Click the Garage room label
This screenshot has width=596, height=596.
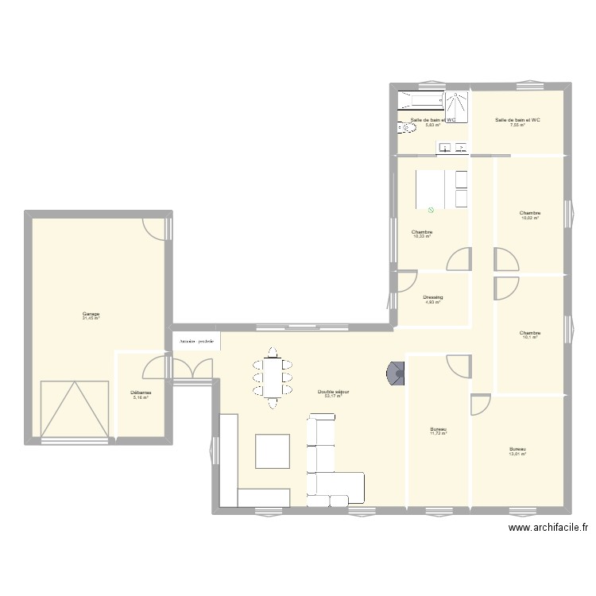(91, 314)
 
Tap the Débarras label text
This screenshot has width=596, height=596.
(141, 393)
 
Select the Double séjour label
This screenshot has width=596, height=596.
(333, 392)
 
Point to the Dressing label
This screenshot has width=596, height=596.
(432, 298)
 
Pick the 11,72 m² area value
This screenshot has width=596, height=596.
(439, 433)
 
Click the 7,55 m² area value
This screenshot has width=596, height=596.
(517, 126)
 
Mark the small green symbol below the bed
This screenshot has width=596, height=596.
(431, 211)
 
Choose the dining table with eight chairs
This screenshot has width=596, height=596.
(273, 376)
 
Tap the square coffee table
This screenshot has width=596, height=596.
(272, 451)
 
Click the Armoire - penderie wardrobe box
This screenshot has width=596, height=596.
(196, 341)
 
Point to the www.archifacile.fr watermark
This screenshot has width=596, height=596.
(548, 528)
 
